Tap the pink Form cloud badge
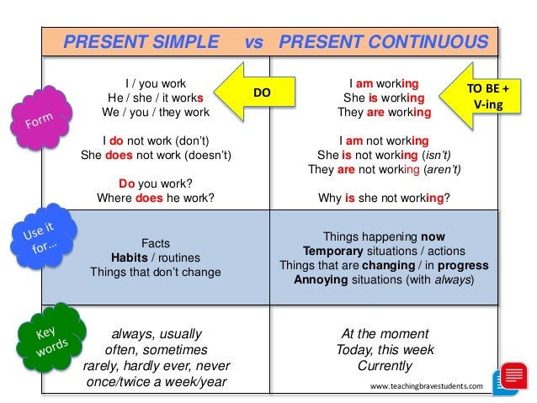(41, 118)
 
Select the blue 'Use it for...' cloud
(43, 236)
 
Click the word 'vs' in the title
(254, 42)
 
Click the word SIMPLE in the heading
(185, 42)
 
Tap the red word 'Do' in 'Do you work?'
(127, 183)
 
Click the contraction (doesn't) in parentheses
(208, 155)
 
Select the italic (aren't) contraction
(442, 169)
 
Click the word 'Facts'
(156, 243)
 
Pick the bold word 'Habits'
(130, 257)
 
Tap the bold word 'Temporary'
(332, 252)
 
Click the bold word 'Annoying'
(321, 279)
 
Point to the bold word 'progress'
(463, 266)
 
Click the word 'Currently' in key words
(385, 366)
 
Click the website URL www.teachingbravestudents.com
(427, 386)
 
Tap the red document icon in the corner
(514, 375)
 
